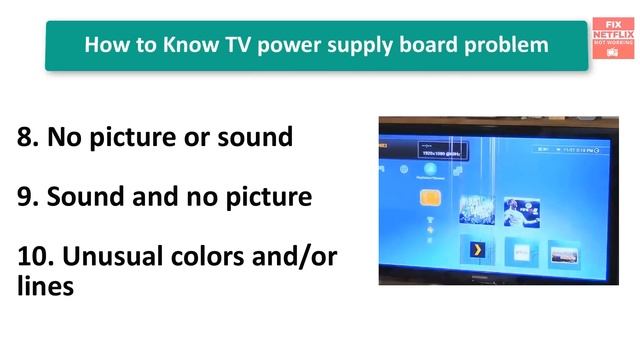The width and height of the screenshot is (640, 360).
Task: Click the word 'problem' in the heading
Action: point(510,45)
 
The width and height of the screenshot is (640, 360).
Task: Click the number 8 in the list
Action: point(25,137)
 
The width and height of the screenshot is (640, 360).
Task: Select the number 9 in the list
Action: point(25,197)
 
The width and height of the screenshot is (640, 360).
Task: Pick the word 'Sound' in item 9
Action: point(91,197)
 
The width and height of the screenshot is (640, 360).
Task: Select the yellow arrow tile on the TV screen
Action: point(478,249)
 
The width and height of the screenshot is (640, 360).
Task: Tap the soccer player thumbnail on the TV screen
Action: point(522,210)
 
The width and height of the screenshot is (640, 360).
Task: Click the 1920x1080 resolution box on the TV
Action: point(442,154)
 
